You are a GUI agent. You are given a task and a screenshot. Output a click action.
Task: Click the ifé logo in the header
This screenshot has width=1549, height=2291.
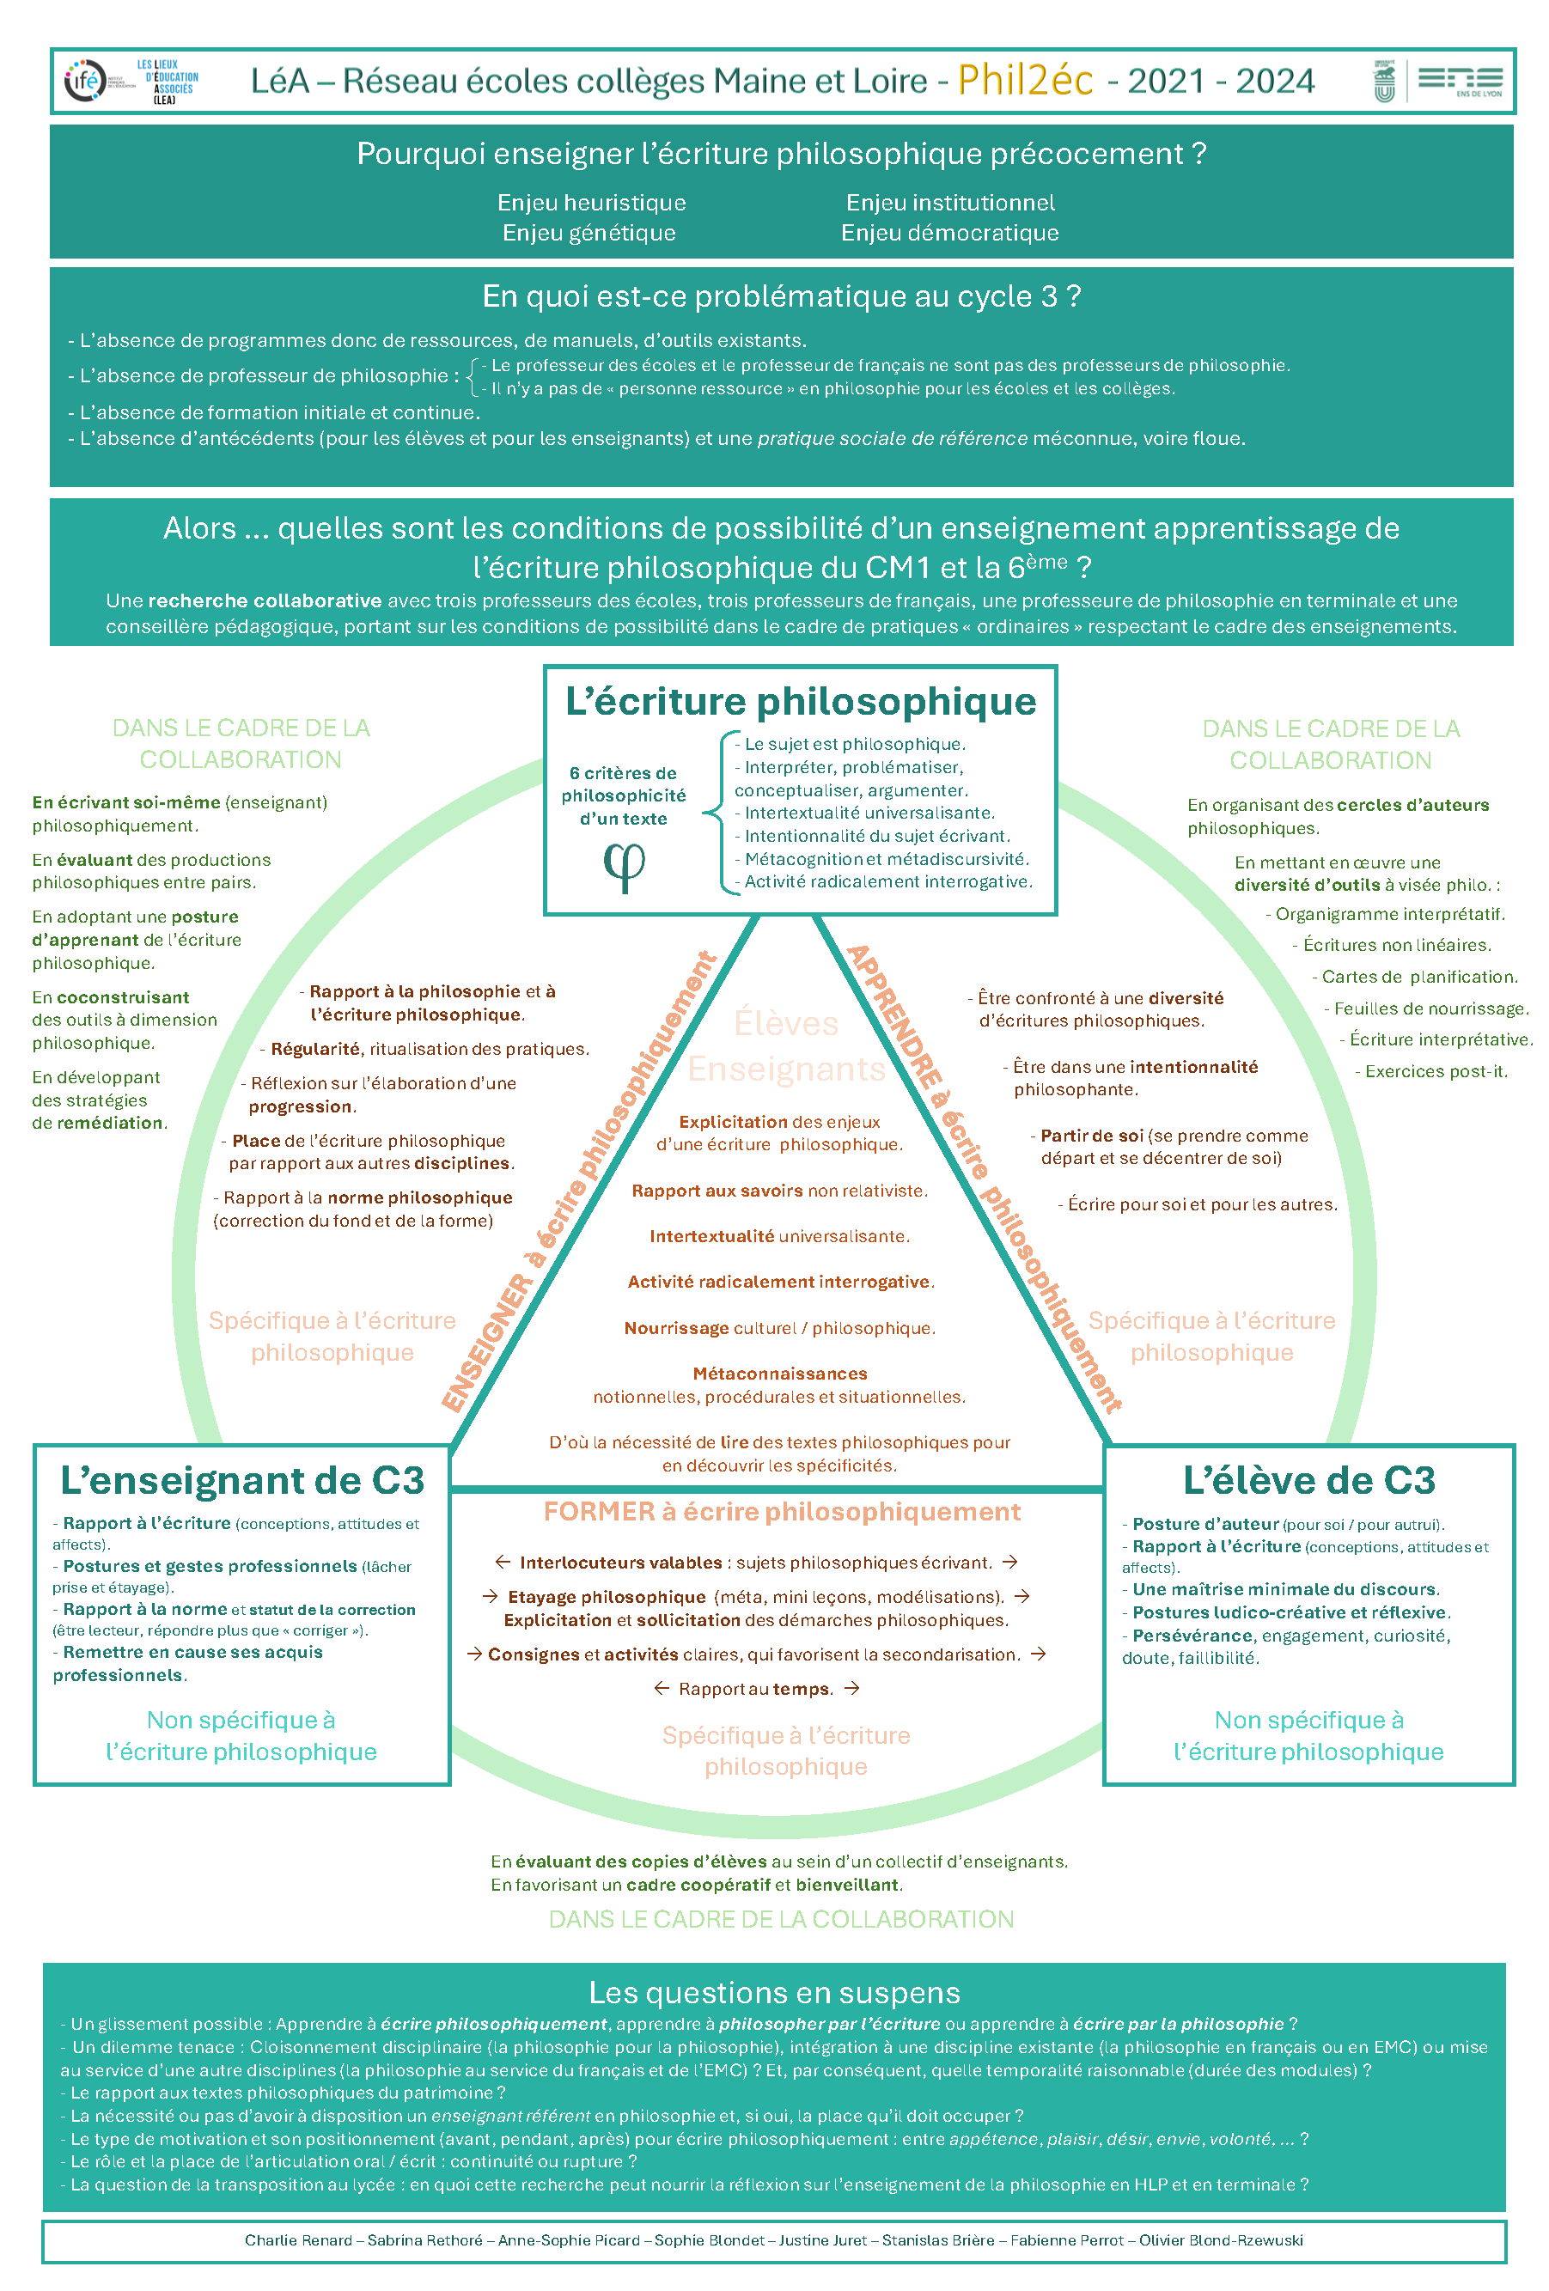click(86, 80)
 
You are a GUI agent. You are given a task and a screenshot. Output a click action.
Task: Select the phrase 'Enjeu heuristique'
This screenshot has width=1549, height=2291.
click(592, 203)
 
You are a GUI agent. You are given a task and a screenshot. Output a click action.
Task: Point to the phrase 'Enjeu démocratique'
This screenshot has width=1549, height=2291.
click(949, 234)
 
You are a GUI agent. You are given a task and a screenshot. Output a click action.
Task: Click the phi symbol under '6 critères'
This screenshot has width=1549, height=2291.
click(624, 867)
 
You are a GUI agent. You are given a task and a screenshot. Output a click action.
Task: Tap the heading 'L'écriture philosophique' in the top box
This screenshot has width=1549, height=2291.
click(801, 702)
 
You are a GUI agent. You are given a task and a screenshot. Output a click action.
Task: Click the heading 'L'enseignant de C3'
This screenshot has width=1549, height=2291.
click(242, 1481)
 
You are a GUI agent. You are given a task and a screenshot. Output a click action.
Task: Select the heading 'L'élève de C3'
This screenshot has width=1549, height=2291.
click(1308, 1481)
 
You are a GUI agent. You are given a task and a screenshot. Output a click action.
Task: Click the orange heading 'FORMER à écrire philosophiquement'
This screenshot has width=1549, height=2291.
click(782, 1512)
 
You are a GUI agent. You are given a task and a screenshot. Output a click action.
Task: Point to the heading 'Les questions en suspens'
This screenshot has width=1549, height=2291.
click(774, 1992)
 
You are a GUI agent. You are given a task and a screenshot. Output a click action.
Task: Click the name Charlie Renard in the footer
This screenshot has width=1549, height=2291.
click(298, 2239)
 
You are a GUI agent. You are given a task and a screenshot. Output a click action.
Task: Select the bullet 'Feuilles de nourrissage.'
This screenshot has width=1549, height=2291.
click(1430, 1008)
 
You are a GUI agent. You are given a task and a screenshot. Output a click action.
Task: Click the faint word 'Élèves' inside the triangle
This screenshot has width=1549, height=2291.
click(786, 1023)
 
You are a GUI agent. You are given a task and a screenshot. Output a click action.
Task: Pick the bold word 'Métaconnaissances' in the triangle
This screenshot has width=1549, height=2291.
click(780, 1374)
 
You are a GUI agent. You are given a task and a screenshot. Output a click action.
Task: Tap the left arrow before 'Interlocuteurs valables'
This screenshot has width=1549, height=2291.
click(503, 1563)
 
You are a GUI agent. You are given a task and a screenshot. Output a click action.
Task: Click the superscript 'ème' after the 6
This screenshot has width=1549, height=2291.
click(1047, 561)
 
